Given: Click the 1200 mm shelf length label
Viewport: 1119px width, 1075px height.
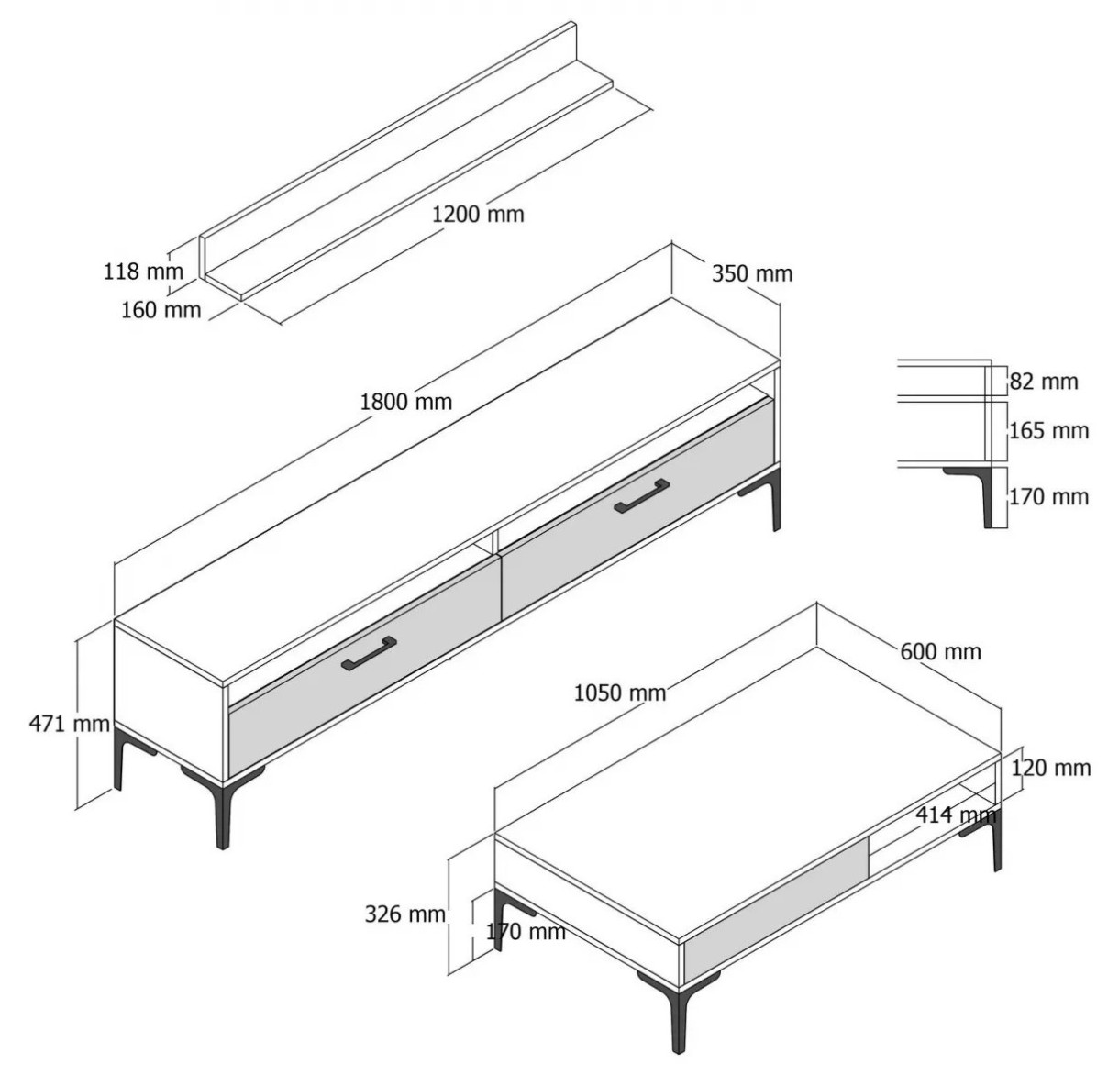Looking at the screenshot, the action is click(478, 214).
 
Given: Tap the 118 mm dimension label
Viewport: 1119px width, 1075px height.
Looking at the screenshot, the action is click(143, 271).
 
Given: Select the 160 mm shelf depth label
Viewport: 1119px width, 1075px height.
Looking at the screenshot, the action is click(161, 310).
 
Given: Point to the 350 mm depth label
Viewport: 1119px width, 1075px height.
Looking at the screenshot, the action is click(752, 273).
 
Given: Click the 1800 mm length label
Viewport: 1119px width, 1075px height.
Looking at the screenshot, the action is click(406, 402).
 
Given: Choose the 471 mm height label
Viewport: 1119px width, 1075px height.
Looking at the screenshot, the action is click(70, 724).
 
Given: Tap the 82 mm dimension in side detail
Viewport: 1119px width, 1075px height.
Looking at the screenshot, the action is click(1044, 382).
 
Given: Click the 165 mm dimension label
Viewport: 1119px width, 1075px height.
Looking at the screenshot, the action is click(1049, 431).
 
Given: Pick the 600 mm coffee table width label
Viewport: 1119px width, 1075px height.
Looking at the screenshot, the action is click(941, 651).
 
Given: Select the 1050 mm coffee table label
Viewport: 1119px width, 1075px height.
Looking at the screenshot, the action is click(620, 693).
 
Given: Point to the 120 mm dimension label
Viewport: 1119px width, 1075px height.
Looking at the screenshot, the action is click(1051, 768).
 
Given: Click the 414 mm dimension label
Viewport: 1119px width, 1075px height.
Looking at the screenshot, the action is click(956, 815).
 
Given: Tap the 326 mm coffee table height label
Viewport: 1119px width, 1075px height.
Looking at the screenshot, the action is click(405, 914).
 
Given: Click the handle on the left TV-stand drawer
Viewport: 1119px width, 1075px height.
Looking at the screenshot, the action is click(369, 653).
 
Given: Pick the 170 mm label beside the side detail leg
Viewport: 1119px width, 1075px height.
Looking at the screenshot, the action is click(1049, 497).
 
